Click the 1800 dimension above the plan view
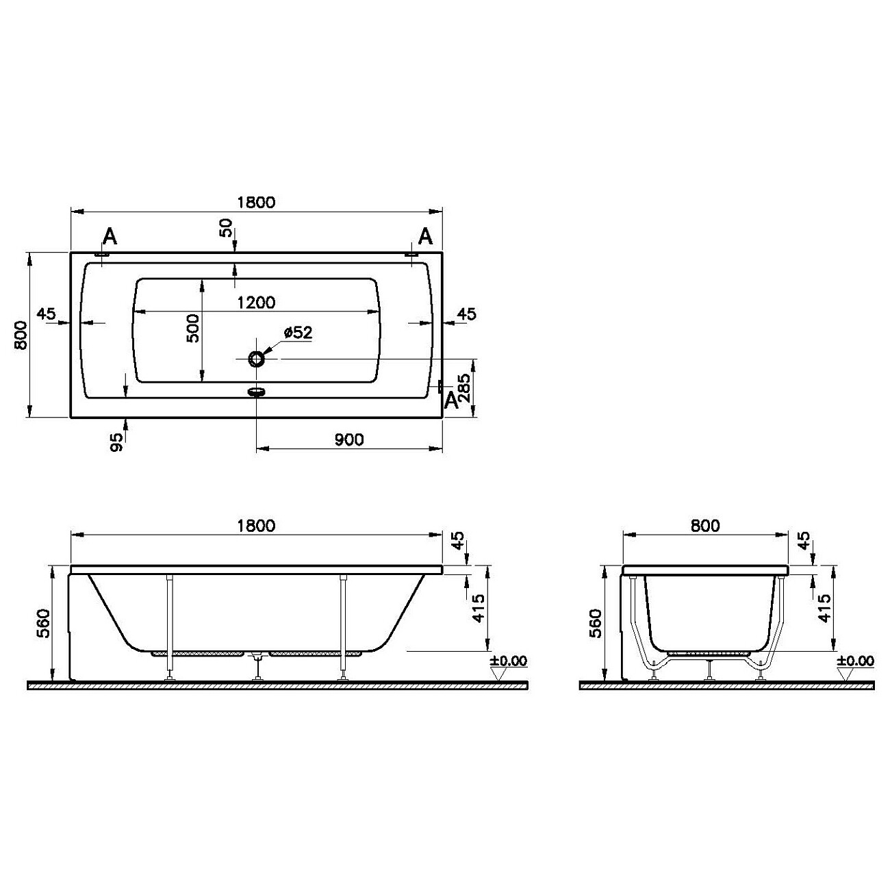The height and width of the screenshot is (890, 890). (256, 202)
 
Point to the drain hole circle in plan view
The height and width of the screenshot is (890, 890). (256, 358)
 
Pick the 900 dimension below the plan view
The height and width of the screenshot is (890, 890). (349, 440)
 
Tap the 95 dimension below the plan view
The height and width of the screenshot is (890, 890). (116, 442)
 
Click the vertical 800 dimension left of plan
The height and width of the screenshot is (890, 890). (21, 335)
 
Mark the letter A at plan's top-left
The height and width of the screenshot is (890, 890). (110, 237)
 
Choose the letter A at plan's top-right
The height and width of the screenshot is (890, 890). (425, 237)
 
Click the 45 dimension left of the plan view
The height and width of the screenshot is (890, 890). (46, 314)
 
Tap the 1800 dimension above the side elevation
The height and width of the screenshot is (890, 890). (256, 525)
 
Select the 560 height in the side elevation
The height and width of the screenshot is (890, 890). (43, 623)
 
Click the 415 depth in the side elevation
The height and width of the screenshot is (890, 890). (479, 608)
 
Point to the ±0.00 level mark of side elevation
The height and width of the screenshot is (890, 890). (509, 661)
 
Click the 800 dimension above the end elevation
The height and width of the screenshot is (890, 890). (705, 525)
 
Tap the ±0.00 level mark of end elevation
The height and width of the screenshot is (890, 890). (855, 661)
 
